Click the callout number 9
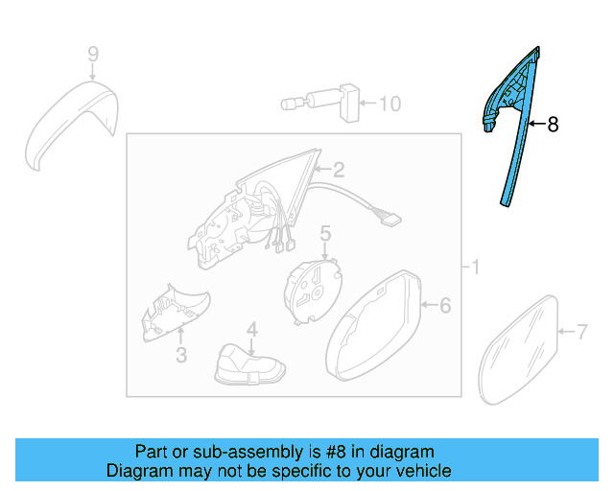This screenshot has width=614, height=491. click(93, 53)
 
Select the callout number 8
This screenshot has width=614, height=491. click(552, 124)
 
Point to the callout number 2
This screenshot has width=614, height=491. click(338, 171)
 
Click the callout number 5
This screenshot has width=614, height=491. click(325, 232)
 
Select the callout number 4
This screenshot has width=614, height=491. click(251, 329)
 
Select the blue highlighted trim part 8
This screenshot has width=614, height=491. click(513, 134)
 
